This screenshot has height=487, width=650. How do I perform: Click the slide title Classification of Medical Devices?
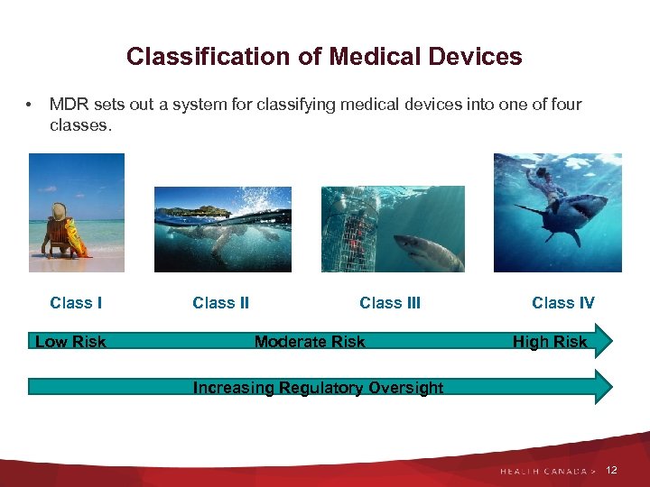(324, 57)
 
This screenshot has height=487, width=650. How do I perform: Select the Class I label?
(76, 303)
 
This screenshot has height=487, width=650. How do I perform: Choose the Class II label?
(220, 303)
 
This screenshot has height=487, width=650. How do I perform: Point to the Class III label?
(390, 303)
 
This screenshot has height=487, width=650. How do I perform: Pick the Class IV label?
(562, 303)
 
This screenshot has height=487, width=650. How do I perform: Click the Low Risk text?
(70, 342)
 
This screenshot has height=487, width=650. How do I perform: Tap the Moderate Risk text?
(310, 342)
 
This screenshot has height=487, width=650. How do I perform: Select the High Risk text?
(549, 342)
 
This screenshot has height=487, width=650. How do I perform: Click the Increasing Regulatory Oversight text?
(318, 388)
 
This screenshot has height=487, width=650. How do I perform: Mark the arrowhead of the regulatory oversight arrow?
(602, 387)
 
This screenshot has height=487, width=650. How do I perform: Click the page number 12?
(612, 471)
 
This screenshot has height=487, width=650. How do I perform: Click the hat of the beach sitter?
(60, 210)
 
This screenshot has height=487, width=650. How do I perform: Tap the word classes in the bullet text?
(80, 126)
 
